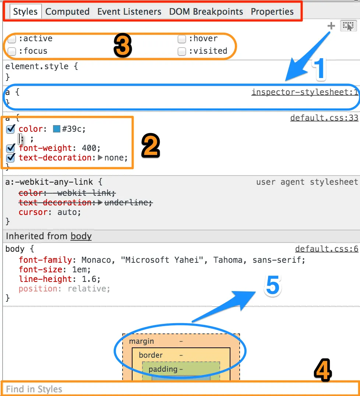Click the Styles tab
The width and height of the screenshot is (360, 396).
(x=25, y=11)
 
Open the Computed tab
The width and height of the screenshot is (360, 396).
(x=67, y=11)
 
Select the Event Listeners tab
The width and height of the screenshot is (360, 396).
(x=129, y=11)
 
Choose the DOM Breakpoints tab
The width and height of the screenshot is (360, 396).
(x=206, y=11)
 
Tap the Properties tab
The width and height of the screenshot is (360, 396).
(x=272, y=11)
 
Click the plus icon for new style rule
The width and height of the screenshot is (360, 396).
(x=331, y=26)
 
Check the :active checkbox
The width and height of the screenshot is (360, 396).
(x=12, y=39)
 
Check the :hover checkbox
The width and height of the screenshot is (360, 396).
(x=181, y=39)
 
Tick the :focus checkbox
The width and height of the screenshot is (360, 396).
(x=12, y=51)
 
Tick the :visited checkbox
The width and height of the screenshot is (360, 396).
(x=181, y=51)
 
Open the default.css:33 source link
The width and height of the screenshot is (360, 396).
(x=324, y=118)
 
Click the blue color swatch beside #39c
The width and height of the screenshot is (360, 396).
(x=57, y=129)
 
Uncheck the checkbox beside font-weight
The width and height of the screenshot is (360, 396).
(x=11, y=148)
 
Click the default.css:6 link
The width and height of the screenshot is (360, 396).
(x=327, y=249)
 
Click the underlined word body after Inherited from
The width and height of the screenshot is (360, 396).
(x=81, y=236)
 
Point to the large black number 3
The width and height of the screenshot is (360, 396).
(x=122, y=47)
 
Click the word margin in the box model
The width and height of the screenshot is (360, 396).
(x=141, y=342)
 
